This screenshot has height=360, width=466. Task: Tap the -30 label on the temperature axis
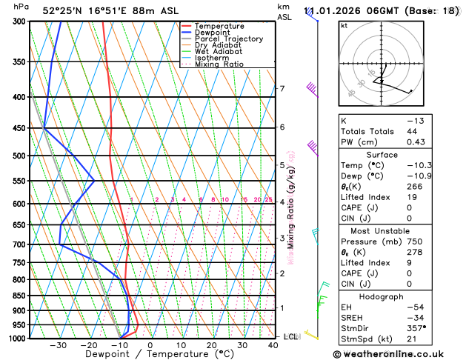tap(58, 345)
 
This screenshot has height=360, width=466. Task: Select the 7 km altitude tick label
tap(282, 89)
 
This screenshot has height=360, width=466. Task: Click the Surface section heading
tap(398, 155)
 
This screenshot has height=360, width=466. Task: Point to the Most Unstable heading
tap(398, 231)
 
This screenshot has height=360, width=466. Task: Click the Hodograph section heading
tap(398, 296)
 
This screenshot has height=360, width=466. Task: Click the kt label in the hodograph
tap(344, 25)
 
